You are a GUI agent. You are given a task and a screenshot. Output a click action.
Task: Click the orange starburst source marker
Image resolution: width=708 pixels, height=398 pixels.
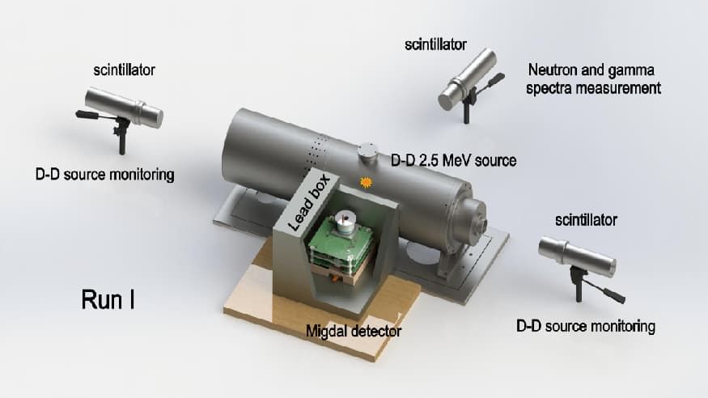365,182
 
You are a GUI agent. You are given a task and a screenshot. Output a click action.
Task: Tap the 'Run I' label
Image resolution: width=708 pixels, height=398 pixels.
108,299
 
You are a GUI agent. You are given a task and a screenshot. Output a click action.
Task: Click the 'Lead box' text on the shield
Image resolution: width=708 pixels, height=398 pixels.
310,202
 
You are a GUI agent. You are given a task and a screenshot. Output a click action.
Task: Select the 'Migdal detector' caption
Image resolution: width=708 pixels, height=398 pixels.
354,331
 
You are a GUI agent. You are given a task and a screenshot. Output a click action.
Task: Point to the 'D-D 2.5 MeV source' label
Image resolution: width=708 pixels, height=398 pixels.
453,160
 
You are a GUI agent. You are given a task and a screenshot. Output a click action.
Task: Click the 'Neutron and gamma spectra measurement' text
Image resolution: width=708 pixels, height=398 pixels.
593,78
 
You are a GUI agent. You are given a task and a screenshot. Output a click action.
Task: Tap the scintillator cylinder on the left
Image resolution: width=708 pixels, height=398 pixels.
124,108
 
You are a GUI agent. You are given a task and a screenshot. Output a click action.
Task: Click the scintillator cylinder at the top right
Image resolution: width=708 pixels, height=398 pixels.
468,79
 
